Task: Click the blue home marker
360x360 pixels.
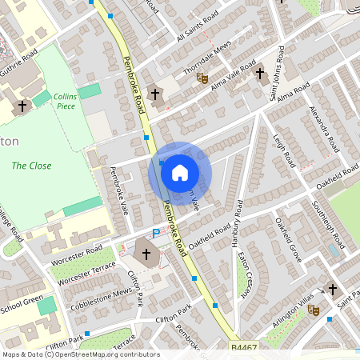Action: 180,172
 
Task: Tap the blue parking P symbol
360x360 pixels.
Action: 156,234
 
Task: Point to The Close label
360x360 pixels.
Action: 32,166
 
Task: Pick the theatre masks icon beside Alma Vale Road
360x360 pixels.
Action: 202,78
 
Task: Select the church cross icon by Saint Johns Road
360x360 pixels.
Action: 260,75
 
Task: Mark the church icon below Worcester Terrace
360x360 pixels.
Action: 146,256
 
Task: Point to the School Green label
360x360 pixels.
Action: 21,306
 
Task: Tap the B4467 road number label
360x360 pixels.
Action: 243,346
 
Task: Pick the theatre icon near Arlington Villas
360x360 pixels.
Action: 314,310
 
